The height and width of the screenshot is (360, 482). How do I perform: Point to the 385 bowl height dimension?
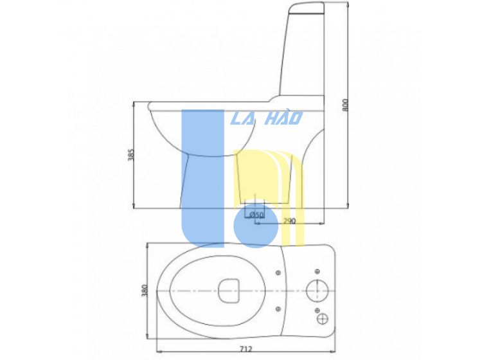(130, 155)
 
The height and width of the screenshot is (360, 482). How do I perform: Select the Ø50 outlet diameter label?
(256, 215)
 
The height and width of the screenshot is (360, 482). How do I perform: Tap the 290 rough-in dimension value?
(289, 221)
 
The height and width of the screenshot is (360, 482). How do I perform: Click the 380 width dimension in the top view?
(145, 291)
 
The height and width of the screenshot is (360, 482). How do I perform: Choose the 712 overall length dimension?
(245, 349)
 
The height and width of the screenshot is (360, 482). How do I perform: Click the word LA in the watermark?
(242, 118)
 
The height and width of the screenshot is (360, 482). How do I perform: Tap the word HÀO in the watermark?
(283, 117)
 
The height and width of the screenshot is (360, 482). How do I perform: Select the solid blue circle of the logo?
(256, 226)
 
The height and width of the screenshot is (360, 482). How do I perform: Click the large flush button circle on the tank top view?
(317, 291)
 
